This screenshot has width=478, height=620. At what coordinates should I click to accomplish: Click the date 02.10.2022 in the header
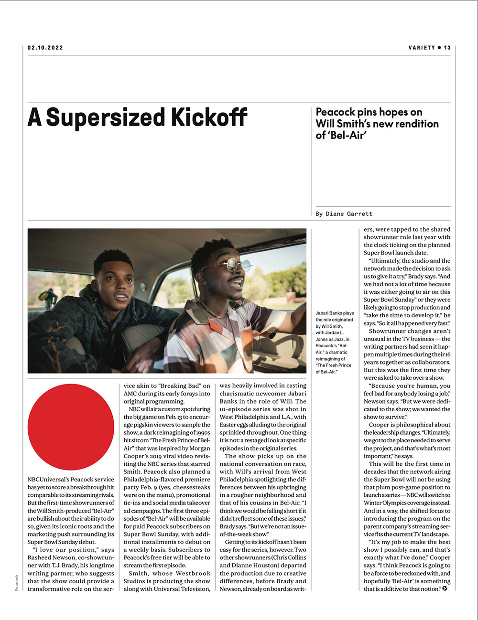45,48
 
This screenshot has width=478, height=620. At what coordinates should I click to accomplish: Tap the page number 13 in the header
447,48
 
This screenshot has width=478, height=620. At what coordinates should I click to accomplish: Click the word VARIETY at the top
422,48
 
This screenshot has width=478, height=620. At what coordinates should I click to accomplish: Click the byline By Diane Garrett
344,214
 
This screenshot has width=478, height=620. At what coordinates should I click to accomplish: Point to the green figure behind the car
48,298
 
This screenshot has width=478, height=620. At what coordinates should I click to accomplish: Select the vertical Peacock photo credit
17,583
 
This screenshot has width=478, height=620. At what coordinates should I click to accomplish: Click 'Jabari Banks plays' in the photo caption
335,313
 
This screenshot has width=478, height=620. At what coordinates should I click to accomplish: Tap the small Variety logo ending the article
445,588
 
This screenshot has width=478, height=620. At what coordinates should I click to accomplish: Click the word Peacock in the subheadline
335,112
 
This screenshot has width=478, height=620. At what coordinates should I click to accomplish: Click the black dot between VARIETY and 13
439,48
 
